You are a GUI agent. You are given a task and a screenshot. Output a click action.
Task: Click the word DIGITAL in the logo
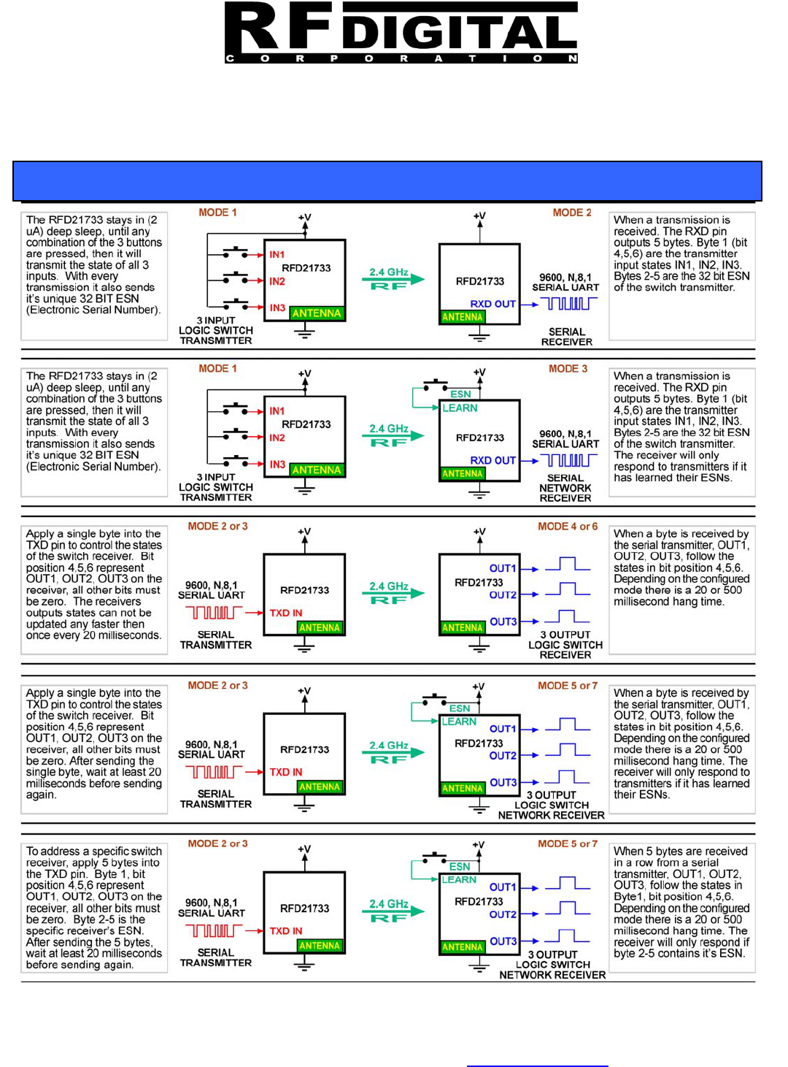[x=460, y=33]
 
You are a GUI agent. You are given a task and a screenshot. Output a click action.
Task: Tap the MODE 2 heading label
[x=572, y=213]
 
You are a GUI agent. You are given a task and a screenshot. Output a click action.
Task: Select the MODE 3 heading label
[x=568, y=369]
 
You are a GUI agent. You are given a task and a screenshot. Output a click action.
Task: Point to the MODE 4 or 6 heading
[x=568, y=527]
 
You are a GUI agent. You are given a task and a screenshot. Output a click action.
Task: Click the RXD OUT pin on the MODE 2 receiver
[x=492, y=304]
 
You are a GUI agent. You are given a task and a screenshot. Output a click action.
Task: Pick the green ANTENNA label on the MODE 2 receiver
[x=463, y=317]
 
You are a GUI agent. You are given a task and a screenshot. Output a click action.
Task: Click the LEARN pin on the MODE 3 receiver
[x=460, y=408]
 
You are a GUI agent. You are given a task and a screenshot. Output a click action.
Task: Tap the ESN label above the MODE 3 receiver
[x=460, y=394]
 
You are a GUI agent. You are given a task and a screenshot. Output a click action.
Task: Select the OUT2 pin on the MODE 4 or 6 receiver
[x=503, y=595]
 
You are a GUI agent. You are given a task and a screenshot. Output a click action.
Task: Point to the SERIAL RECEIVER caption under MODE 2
[x=567, y=337]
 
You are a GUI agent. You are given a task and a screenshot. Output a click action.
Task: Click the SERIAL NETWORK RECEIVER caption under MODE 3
[x=565, y=488]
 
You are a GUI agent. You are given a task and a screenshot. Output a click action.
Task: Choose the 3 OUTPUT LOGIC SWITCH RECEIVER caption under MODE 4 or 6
[x=565, y=645]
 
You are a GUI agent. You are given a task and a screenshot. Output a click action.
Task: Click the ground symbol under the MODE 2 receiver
[x=479, y=337]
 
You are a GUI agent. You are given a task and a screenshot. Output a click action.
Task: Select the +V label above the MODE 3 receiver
[x=479, y=372]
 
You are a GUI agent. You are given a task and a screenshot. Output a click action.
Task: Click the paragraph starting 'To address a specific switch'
[x=94, y=908]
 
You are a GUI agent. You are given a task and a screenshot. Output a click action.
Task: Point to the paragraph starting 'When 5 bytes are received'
[x=681, y=902]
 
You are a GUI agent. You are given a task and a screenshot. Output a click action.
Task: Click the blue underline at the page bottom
[x=537, y=1066]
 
